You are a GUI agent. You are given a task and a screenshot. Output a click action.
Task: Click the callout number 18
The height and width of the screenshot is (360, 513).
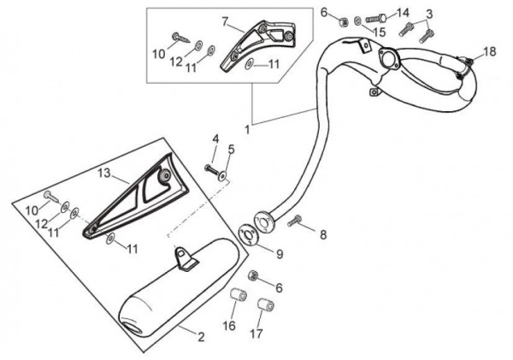(x=490, y=51)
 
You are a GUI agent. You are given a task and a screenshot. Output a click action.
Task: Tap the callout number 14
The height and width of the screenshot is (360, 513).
(x=403, y=14)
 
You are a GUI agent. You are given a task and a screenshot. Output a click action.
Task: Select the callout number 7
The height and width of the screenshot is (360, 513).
(x=225, y=21)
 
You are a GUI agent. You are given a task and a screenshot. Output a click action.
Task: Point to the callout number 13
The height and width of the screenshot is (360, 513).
(x=104, y=173)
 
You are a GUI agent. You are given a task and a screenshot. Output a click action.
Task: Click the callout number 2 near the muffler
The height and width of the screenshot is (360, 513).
(x=201, y=337)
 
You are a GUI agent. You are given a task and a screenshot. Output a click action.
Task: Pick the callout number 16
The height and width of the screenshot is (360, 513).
(x=229, y=326)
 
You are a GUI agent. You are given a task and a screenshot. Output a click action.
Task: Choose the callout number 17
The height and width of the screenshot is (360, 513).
(x=256, y=333)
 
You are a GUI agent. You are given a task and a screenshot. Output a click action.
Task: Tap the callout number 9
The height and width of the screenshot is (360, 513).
(x=280, y=254)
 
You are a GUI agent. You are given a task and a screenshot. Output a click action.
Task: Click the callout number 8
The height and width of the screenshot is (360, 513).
(x=323, y=234)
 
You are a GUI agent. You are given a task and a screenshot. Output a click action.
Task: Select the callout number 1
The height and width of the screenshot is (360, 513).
(x=247, y=130)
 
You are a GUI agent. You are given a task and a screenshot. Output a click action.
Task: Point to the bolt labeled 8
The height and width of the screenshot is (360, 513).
(x=294, y=221)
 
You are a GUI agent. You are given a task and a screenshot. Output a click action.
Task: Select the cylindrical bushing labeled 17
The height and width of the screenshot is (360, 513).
(x=266, y=304)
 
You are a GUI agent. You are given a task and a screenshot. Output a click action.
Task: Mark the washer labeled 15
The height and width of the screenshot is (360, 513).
(x=357, y=22)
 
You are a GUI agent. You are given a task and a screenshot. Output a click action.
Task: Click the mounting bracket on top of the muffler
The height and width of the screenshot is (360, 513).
(x=186, y=259)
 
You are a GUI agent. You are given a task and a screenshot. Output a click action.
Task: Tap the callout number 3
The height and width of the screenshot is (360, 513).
(x=429, y=15)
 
